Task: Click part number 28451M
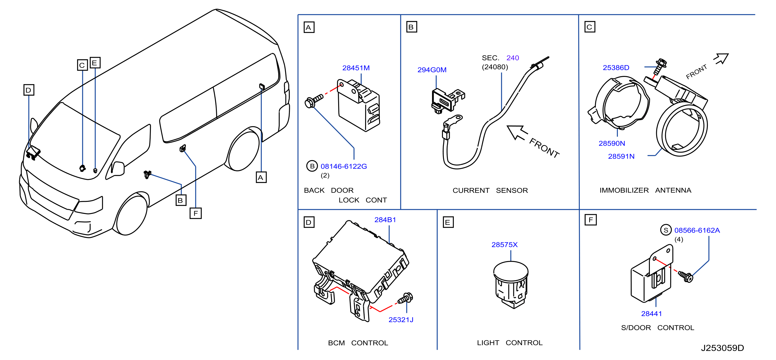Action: [x=356, y=68]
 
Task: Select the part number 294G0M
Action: [x=432, y=70]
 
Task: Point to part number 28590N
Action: [x=612, y=143]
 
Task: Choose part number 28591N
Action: [x=621, y=156]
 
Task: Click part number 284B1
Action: [x=385, y=220]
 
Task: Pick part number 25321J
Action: [x=401, y=320]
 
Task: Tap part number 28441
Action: [x=651, y=314]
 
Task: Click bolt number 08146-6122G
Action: [x=343, y=166]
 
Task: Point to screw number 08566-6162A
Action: [x=697, y=230]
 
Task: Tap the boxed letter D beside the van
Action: [x=29, y=90]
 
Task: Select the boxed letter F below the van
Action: [x=196, y=213]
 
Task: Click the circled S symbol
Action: [x=666, y=230]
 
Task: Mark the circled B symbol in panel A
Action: [x=312, y=166]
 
